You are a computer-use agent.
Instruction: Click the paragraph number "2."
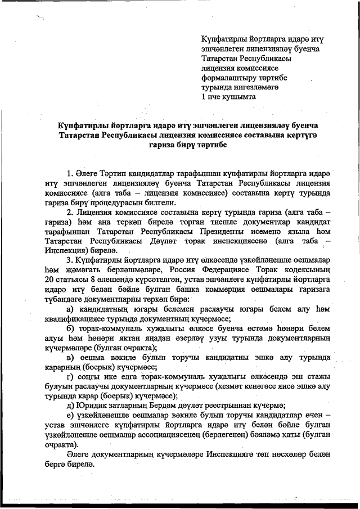pyautogui.click(x=70, y=213)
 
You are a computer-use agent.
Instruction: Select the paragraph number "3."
pyautogui.click(x=70, y=260)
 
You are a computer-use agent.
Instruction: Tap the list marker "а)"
pyautogui.click(x=70, y=310)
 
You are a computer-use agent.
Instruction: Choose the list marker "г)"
pyautogui.click(x=70, y=376)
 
